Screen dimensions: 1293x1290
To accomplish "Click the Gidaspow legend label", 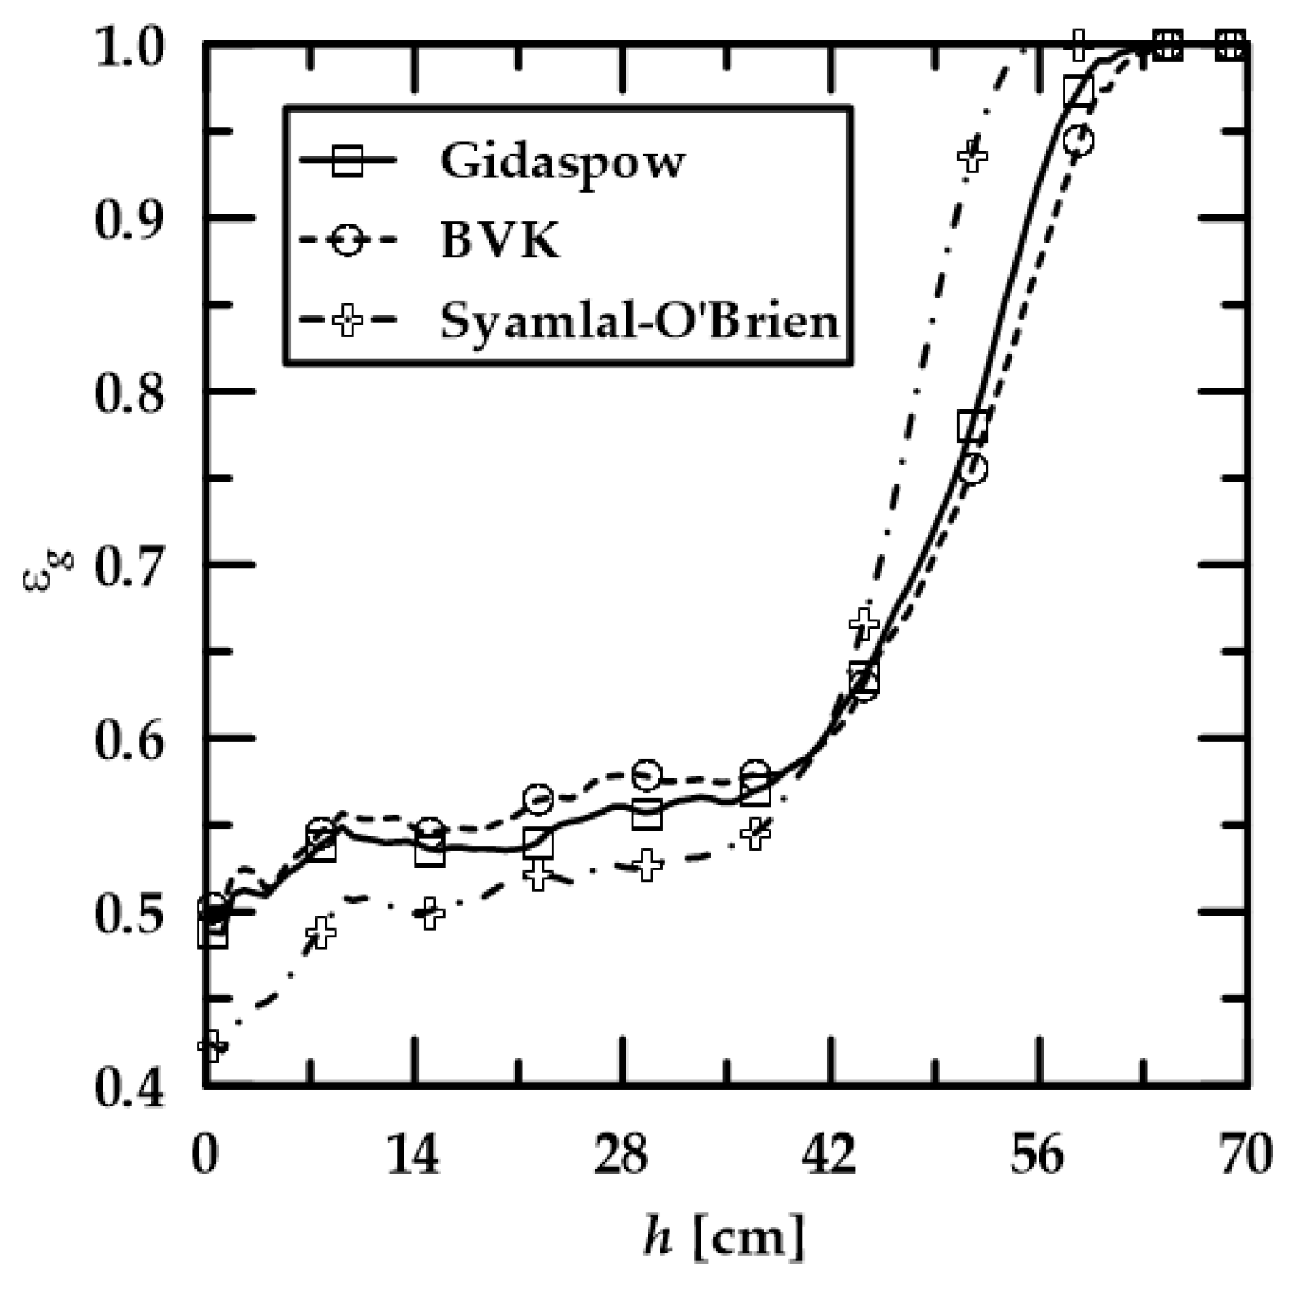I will (562, 161).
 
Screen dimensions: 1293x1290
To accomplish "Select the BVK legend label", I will (500, 241).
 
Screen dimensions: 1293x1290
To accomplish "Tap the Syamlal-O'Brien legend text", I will (639, 321).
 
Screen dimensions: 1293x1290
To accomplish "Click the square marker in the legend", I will (347, 161).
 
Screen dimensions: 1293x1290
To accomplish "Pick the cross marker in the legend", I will (347, 321).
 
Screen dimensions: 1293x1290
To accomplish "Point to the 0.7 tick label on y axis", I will (129, 565).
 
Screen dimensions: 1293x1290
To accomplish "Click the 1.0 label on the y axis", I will (129, 44).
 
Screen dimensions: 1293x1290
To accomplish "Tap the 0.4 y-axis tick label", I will (129, 1088).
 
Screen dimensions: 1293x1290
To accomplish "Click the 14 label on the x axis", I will (413, 1156).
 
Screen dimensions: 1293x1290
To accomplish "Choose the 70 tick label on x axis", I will (1247, 1156).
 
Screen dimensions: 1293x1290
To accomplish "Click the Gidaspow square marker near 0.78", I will (972, 427).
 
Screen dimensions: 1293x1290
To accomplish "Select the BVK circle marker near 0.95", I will (1078, 140).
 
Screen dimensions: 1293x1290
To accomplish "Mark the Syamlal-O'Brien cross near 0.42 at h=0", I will (210, 1046).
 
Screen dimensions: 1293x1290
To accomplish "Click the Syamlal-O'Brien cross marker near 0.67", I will (864, 624).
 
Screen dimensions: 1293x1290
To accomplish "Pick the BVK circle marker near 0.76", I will (973, 469).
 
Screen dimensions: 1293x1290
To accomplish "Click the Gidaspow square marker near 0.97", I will (1078, 91).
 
